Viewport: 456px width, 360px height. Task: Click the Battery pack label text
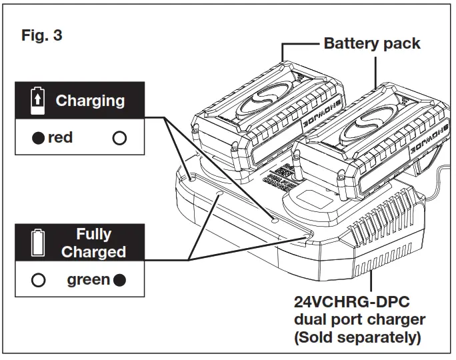[x=371, y=44]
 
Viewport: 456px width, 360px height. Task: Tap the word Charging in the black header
[x=89, y=101]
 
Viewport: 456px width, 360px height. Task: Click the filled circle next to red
[x=39, y=139]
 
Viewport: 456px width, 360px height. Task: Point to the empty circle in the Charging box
[x=119, y=139]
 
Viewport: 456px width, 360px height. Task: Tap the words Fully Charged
[x=93, y=243]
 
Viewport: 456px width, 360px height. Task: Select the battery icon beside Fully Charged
[x=39, y=243]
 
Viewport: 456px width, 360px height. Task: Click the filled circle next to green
[x=119, y=280]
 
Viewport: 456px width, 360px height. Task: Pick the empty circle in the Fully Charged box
[x=39, y=280]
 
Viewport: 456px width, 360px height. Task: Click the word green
[x=88, y=279]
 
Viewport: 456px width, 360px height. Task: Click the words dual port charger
[x=359, y=319]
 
